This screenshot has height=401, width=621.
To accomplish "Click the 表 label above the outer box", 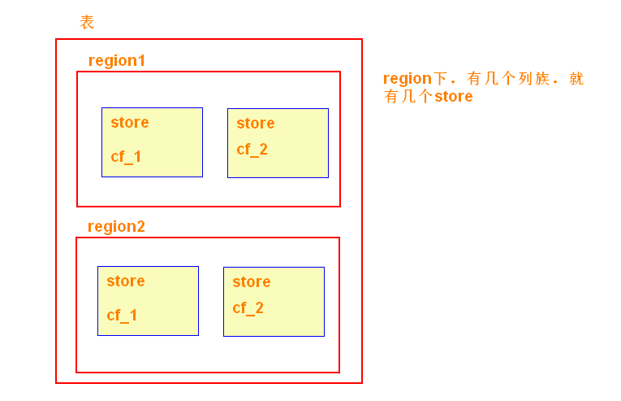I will tap(87, 23).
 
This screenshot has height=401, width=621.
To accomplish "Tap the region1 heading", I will tap(117, 60).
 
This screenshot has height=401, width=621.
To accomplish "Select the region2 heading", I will tap(116, 226).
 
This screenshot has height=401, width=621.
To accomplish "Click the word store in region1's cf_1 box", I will tap(130, 122).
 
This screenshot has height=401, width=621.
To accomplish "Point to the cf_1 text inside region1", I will tap(126, 156).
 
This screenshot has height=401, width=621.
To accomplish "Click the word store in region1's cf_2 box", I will tap(256, 123).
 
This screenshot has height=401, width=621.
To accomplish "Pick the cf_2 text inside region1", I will tap(252, 149).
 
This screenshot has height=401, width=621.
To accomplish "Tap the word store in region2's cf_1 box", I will tap(126, 281).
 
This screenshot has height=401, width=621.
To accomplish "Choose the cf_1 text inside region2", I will tap(122, 315).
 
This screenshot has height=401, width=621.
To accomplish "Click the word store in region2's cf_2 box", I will tap(252, 281).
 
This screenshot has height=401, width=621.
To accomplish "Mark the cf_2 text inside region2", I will tap(248, 307).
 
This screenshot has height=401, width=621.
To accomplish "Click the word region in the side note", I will tap(408, 79).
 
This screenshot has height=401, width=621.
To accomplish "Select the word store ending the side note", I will tap(453, 97).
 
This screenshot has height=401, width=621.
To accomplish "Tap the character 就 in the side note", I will tap(576, 79).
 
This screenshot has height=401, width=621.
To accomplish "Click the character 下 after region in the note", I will tap(441, 79).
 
